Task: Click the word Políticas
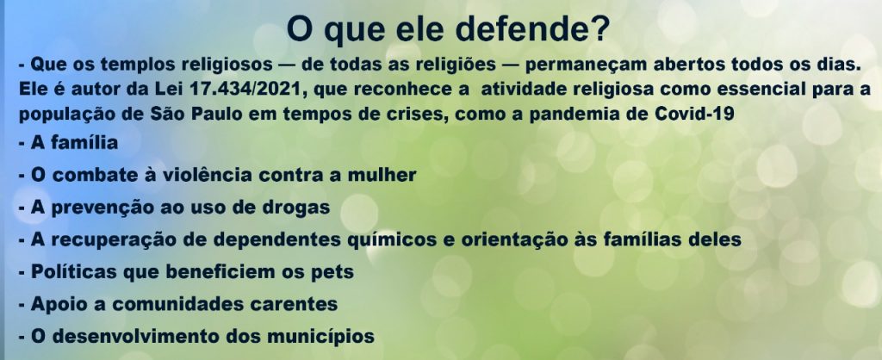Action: pos(74,271)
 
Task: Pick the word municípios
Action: pos(320,337)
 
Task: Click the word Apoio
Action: pos(57,304)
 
